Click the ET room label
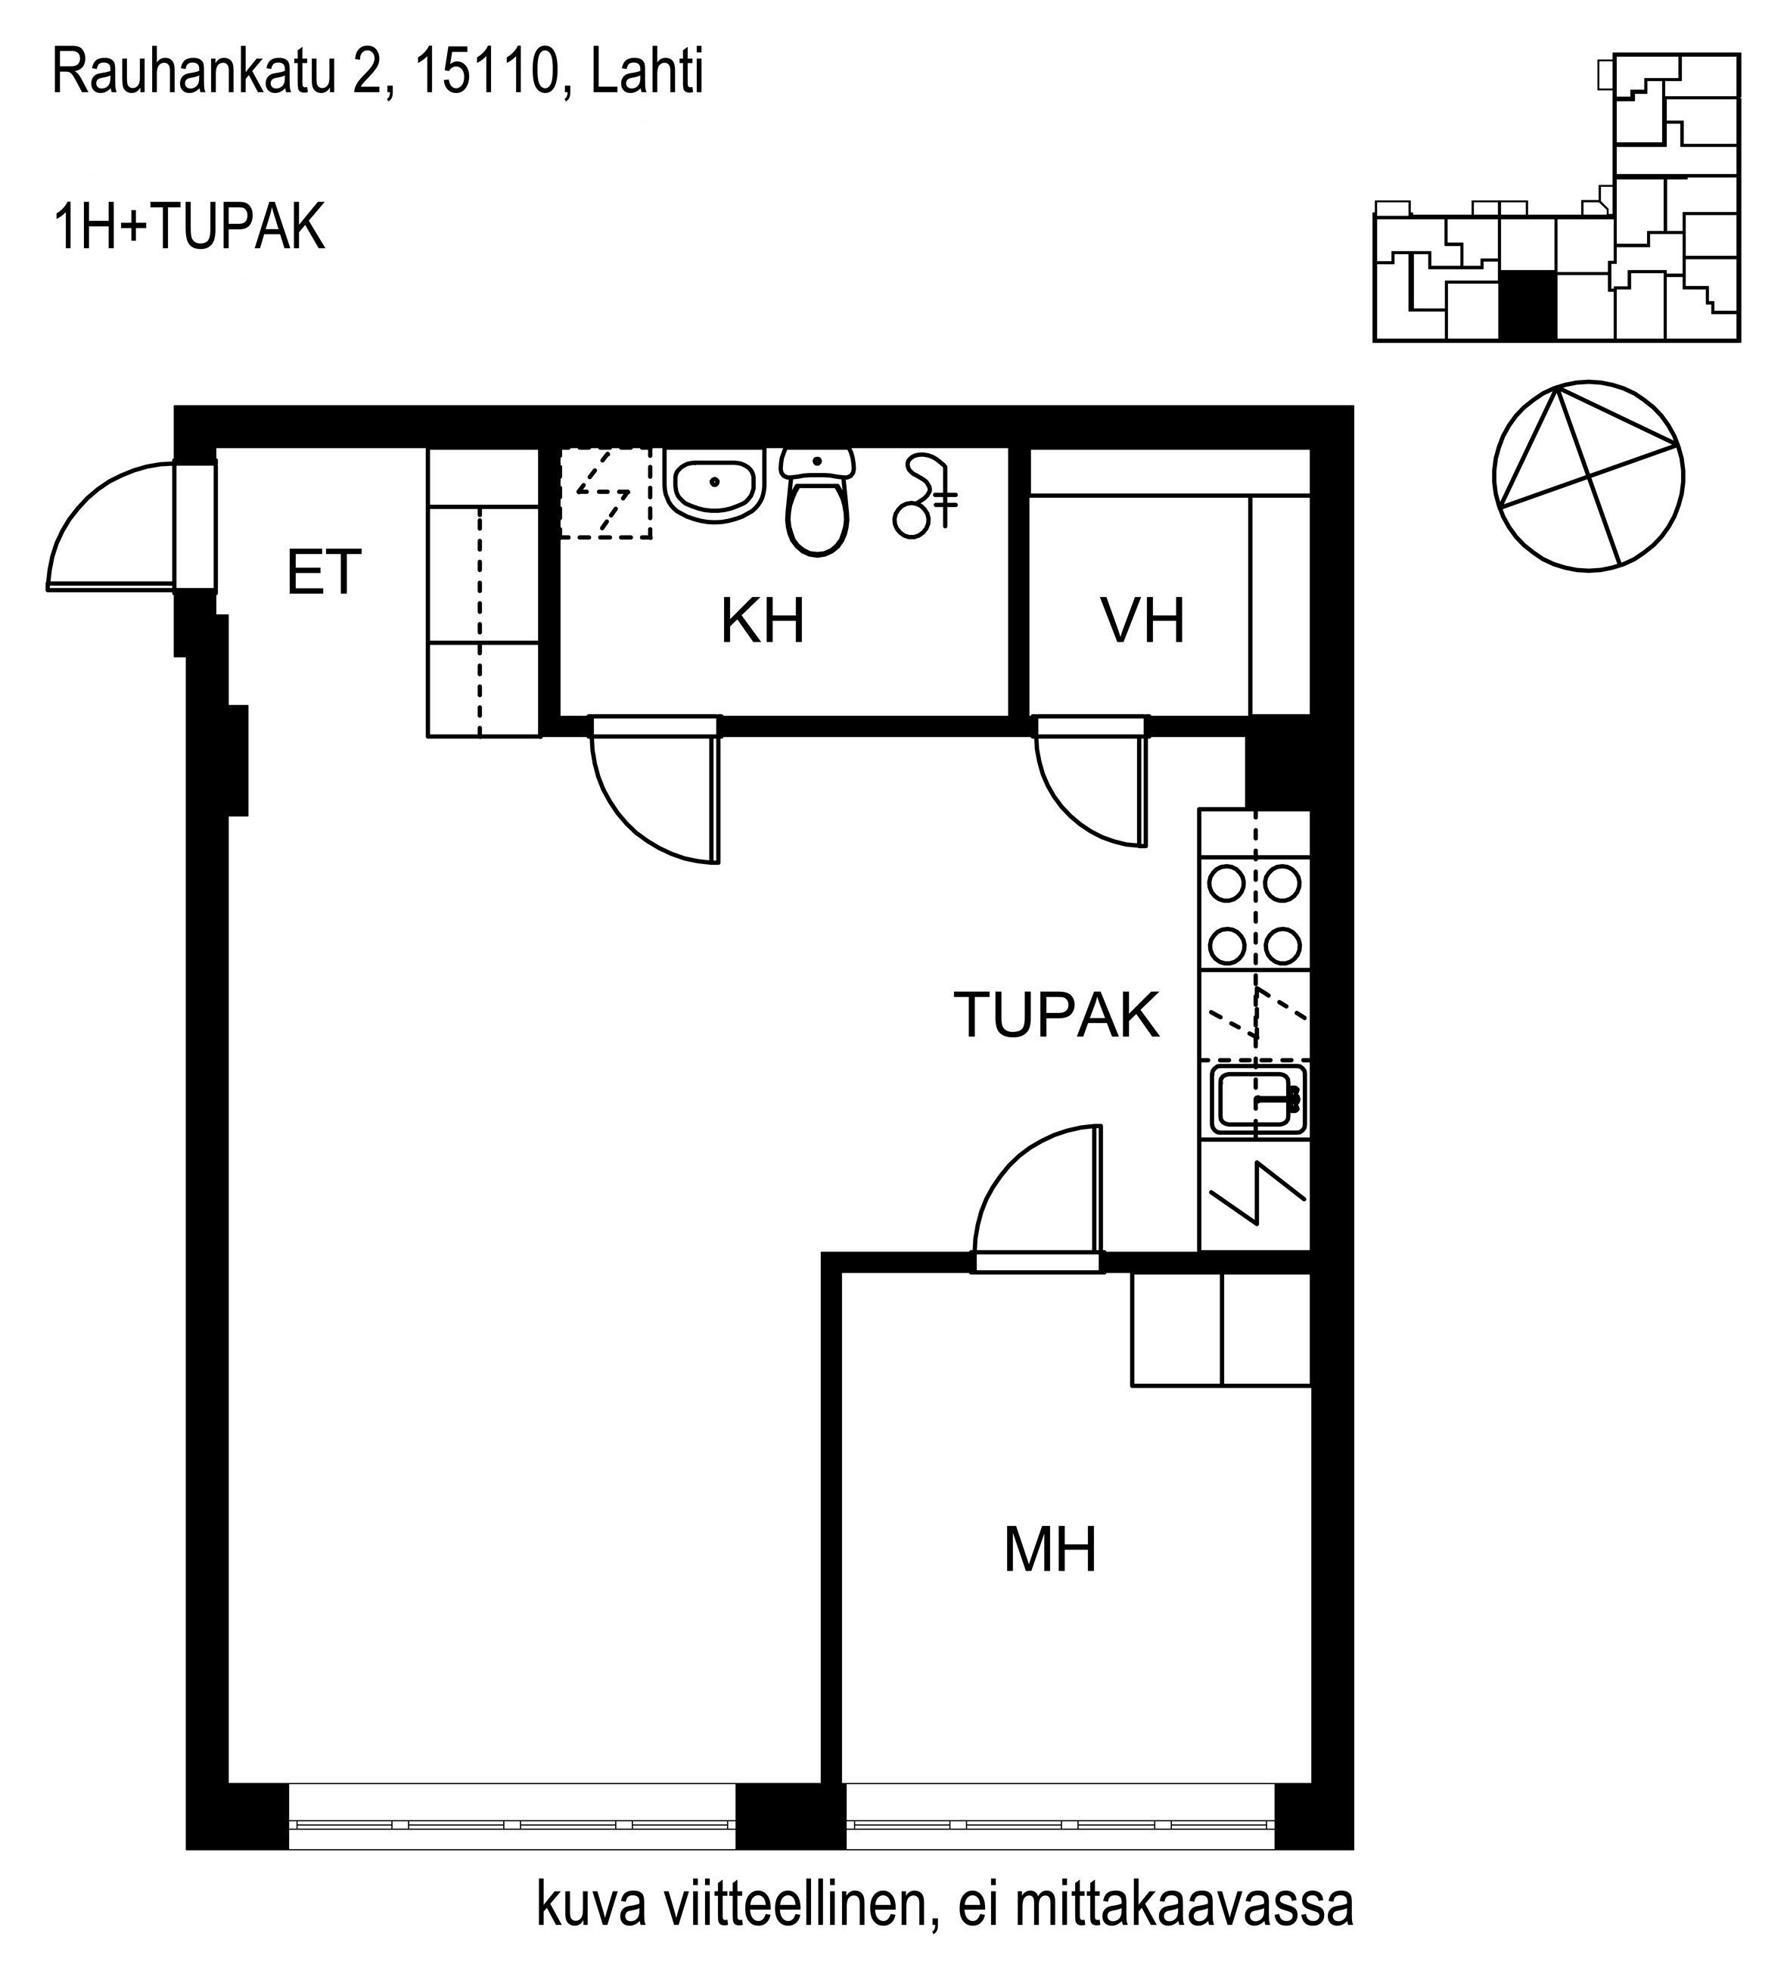324,573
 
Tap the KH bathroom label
763,621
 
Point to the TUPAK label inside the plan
1056,1015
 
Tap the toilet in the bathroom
817,502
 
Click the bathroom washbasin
715,485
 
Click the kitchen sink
1256,1099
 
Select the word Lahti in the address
647,73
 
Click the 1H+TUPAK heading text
188,228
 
